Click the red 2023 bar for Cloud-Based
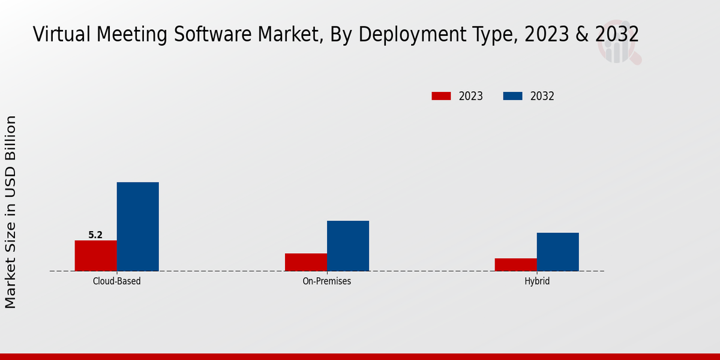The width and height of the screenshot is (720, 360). pyautogui.click(x=96, y=256)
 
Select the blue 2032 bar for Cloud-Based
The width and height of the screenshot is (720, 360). pyautogui.click(x=138, y=227)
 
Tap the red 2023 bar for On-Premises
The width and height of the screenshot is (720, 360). pyautogui.click(x=306, y=262)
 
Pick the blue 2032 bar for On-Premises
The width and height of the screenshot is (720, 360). pyautogui.click(x=348, y=246)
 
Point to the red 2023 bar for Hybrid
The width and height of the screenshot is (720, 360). pyautogui.click(x=516, y=265)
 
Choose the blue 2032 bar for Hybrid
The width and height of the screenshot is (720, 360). pyautogui.click(x=558, y=252)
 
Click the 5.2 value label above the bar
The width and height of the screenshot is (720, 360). pyautogui.click(x=95, y=235)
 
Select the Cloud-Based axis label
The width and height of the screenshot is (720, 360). pyautogui.click(x=117, y=281)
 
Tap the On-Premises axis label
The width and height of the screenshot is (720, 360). pyautogui.click(x=327, y=281)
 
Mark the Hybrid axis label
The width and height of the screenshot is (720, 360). pyautogui.click(x=537, y=281)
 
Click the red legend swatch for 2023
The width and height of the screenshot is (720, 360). pyautogui.click(x=441, y=96)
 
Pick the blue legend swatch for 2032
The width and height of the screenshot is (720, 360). pyautogui.click(x=512, y=96)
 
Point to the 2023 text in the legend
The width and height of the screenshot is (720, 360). pyautogui.click(x=471, y=96)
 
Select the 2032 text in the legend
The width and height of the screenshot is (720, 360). pyautogui.click(x=542, y=96)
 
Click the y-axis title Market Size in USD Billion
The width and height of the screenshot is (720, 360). pyautogui.click(x=11, y=212)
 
